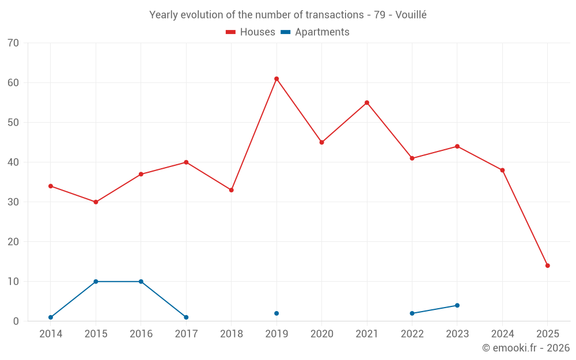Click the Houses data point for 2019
276,79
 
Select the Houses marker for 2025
548,266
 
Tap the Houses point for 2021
367,103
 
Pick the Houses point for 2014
51,186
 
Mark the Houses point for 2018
232,190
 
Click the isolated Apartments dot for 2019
276,313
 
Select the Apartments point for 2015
96,282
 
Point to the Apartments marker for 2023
457,305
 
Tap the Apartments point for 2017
186,317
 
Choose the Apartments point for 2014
51,317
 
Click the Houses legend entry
251,32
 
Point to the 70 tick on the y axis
13,43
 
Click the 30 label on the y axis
13,202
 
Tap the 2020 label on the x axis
321,334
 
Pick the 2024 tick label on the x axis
502,334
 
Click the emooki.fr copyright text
525,348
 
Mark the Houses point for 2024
502,170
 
